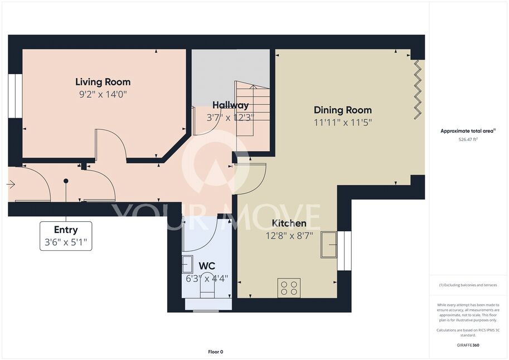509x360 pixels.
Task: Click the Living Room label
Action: point(103,82)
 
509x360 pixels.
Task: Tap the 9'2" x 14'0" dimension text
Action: point(103,95)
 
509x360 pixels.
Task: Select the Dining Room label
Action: point(342,110)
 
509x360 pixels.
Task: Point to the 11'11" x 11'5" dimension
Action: point(342,123)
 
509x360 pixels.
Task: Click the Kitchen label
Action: point(289,223)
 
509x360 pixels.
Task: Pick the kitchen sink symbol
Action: point(329,245)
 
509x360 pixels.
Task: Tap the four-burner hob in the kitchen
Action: point(289,288)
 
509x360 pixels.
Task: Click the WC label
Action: point(207,266)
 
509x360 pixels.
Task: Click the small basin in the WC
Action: point(187,264)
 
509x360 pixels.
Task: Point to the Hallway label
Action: point(230,105)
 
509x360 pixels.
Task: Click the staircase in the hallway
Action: point(253,109)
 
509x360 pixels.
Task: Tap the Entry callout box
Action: point(66,236)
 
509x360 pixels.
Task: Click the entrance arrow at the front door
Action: point(11,184)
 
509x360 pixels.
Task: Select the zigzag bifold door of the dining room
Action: point(418,90)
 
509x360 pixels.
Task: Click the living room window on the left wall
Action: point(15,96)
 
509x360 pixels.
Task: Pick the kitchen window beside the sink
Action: point(344,251)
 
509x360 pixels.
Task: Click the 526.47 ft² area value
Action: point(468,139)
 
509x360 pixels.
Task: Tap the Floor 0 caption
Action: point(216,352)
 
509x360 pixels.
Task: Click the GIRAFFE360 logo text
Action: point(468,345)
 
